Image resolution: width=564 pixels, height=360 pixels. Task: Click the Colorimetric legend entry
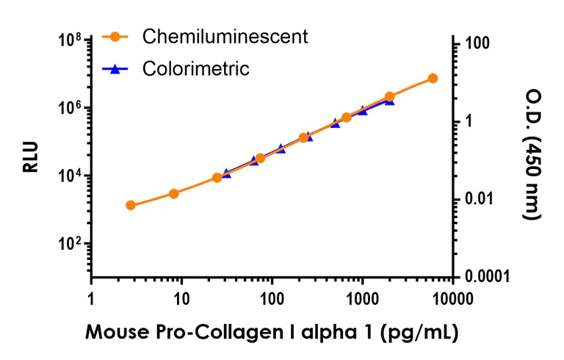point(196,69)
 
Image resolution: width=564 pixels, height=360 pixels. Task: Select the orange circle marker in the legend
point(115,36)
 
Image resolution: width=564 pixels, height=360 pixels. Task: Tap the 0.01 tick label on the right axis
point(479,200)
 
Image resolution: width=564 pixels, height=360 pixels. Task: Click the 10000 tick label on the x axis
point(452,300)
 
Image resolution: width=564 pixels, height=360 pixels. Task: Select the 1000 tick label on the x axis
point(362,300)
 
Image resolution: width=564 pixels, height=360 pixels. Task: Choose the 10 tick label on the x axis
point(181,300)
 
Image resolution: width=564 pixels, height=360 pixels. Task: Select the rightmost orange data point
point(433,78)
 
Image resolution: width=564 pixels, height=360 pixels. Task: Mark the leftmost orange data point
point(130,205)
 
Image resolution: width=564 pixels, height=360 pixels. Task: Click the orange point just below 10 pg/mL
point(173,193)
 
